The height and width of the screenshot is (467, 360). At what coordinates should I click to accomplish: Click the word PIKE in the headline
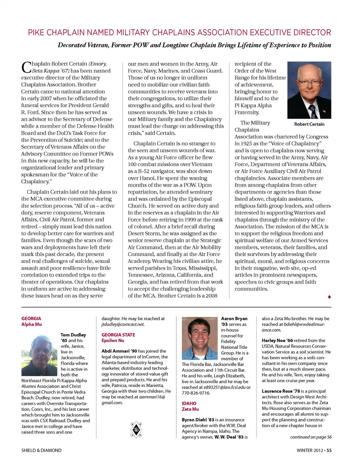[36, 33]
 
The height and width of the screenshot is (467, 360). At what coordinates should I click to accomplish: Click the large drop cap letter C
[26, 68]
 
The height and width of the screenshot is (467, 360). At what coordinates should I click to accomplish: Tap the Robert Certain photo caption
[309, 124]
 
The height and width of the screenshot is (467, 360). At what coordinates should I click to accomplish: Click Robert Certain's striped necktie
[312, 111]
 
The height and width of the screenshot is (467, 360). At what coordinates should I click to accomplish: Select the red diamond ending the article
[329, 297]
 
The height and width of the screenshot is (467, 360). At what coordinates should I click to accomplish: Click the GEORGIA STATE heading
[118, 335]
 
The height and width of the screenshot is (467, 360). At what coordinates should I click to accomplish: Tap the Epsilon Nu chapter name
[112, 341]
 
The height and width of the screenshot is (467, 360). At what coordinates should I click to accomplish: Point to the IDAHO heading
[189, 404]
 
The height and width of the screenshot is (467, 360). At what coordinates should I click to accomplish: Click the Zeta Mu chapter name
[190, 409]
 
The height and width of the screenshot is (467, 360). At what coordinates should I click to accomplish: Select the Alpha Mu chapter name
[31, 324]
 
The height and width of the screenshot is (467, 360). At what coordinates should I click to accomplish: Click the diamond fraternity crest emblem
[136, 429]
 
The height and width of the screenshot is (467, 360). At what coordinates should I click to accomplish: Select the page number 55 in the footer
[329, 450]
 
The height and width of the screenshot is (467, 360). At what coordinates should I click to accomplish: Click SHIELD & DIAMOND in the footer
[41, 450]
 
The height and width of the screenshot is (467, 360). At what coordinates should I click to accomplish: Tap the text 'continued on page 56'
[310, 437]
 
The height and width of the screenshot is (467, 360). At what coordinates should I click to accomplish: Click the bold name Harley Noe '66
[277, 341]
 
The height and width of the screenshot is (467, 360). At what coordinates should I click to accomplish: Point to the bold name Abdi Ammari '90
[119, 351]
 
